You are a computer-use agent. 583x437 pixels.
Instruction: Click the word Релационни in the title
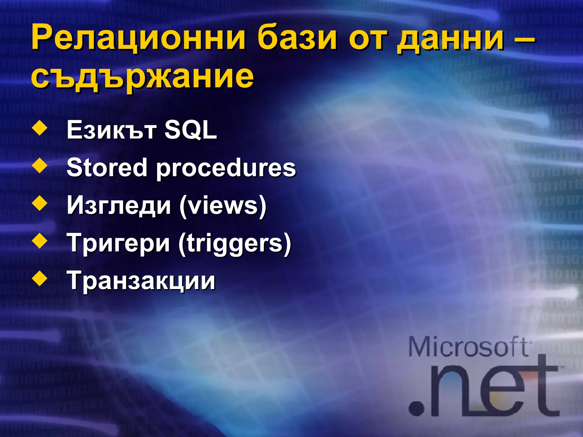pos(138,38)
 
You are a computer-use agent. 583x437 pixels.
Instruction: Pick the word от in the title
pos(367,39)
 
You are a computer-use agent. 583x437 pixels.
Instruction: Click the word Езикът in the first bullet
pos(111,130)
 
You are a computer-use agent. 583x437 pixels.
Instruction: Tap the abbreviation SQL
pos(191,130)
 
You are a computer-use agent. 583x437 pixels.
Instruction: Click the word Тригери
pos(118,244)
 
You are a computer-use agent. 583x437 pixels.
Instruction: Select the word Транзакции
pos(141,281)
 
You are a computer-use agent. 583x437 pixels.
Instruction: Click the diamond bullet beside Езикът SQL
pos(40,128)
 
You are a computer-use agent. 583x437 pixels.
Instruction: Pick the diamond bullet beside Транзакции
pos(40,279)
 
